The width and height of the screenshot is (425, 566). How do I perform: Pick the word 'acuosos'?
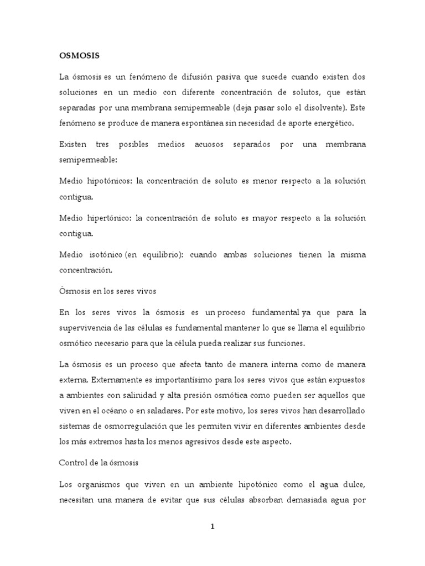coord(209,144)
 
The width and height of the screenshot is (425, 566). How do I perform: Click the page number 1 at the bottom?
coord(212,526)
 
